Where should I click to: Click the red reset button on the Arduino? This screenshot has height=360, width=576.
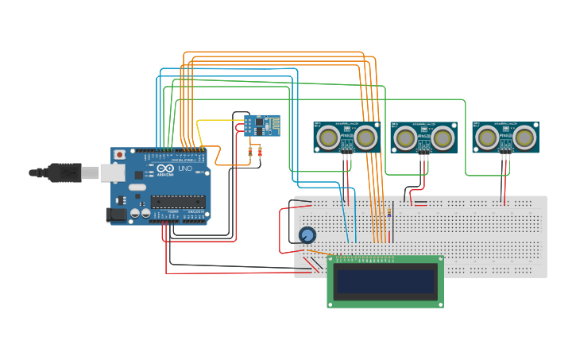(x=120, y=154)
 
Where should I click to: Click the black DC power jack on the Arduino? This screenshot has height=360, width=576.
(x=117, y=214)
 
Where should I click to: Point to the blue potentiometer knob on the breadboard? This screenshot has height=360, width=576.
(x=307, y=234)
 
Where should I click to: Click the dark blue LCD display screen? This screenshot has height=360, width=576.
(x=386, y=282)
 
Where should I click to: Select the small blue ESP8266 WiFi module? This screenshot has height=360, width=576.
(x=261, y=126)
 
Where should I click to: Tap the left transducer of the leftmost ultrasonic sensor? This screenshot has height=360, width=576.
(x=327, y=138)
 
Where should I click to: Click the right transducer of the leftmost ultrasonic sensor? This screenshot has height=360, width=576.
(x=365, y=138)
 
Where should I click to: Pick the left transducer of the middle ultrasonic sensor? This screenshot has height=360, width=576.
(x=404, y=139)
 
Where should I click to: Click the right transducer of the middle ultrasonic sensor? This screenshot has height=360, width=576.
(x=443, y=139)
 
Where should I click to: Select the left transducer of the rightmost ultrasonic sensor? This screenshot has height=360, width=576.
(x=486, y=138)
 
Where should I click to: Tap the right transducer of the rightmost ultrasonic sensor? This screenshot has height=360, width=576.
(x=524, y=138)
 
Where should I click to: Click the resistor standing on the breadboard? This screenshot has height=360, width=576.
(x=391, y=211)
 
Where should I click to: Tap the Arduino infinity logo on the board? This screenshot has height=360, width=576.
(x=165, y=169)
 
